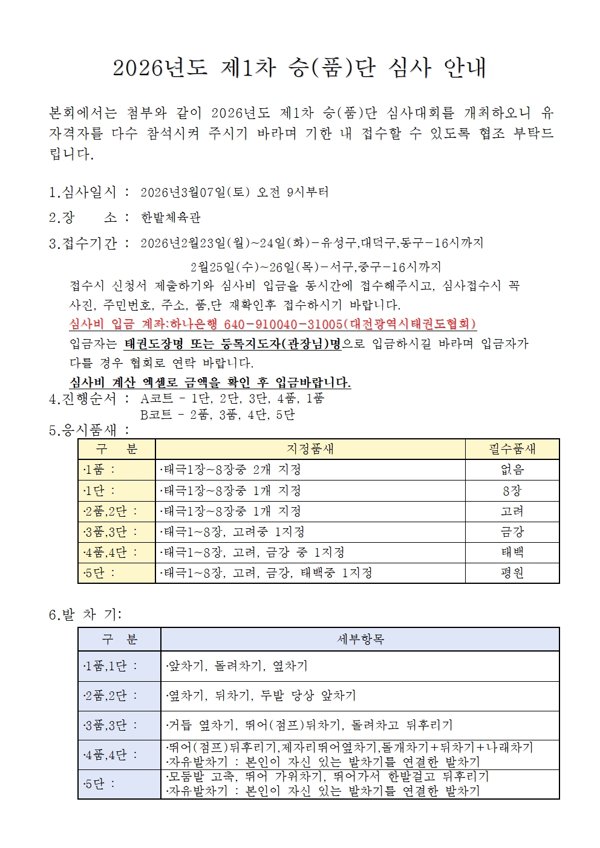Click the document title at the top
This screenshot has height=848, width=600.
299,68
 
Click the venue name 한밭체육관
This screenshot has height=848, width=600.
171,218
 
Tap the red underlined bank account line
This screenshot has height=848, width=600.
273,324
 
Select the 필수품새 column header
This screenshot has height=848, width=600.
512,449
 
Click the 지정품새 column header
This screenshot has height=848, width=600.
310,449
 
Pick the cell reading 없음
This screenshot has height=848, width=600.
512,470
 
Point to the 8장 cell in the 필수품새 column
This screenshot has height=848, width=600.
512,491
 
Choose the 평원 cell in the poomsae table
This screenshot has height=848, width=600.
512,573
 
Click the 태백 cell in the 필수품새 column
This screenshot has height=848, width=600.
512,552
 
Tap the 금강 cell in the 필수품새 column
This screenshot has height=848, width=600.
512,532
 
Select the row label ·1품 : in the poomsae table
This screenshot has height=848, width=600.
100,470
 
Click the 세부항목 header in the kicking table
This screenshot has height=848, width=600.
360,639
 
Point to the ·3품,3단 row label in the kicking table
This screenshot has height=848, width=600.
111,725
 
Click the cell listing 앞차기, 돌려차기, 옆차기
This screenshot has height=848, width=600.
237,666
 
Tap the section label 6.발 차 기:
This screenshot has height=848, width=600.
85,615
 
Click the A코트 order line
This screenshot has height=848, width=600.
232,398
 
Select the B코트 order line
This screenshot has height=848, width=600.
217,415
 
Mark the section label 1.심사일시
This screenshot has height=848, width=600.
82,192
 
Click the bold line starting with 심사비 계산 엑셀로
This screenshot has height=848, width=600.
210,382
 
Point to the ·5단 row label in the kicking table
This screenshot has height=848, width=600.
100,784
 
